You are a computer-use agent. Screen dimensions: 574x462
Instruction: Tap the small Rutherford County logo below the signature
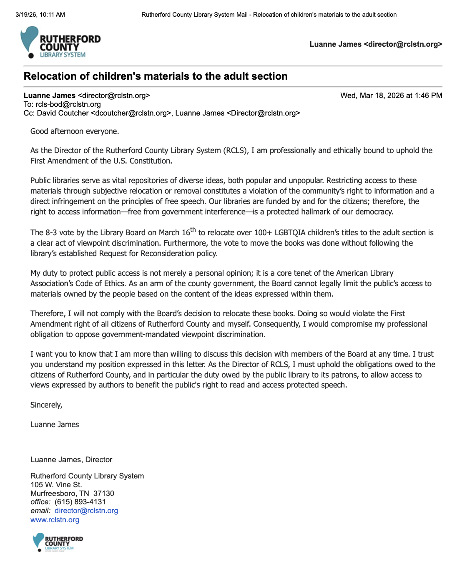tap(58, 542)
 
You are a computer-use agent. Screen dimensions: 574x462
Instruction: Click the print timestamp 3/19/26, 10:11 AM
tap(40, 15)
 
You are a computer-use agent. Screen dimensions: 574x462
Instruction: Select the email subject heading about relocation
tap(156, 76)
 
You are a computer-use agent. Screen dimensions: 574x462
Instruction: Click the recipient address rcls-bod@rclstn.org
tap(68, 104)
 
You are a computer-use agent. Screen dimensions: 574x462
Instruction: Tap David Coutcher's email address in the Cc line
tap(131, 113)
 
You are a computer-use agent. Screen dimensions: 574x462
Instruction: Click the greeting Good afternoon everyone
tap(75, 131)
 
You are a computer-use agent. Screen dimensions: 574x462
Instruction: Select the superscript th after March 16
tap(193, 229)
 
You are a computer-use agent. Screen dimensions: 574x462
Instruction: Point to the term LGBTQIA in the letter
tap(290, 233)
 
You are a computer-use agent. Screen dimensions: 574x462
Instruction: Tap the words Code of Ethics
tap(100, 284)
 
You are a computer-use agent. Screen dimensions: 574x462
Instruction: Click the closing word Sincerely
tap(46, 405)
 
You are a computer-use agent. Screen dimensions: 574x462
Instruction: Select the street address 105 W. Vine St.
tap(56, 485)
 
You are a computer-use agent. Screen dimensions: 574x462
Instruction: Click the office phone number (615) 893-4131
tap(80, 502)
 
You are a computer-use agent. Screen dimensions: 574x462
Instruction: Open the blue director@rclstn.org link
tap(86, 511)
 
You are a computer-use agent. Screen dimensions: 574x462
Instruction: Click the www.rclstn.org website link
tap(55, 520)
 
